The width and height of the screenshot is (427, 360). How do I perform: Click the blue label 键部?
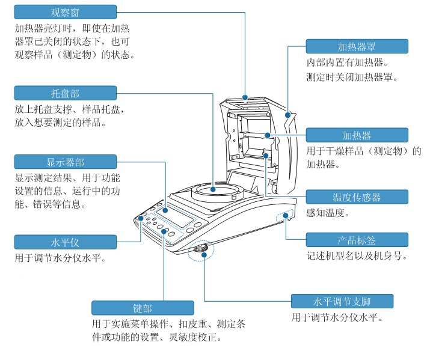[143, 308]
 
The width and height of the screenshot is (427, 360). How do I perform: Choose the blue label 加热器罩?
[357, 46]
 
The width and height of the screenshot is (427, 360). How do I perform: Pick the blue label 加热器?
[357, 135]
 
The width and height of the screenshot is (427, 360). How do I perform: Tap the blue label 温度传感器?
[357, 197]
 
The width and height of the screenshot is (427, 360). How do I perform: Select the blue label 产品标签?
[357, 240]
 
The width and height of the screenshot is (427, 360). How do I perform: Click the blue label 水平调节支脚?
[342, 301]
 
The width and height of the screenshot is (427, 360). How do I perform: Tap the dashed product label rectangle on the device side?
[286, 216]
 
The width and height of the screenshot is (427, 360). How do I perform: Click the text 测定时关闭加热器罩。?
[352, 77]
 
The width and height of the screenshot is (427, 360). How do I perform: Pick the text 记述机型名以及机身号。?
[357, 256]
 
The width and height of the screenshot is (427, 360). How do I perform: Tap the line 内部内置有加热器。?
[347, 62]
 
